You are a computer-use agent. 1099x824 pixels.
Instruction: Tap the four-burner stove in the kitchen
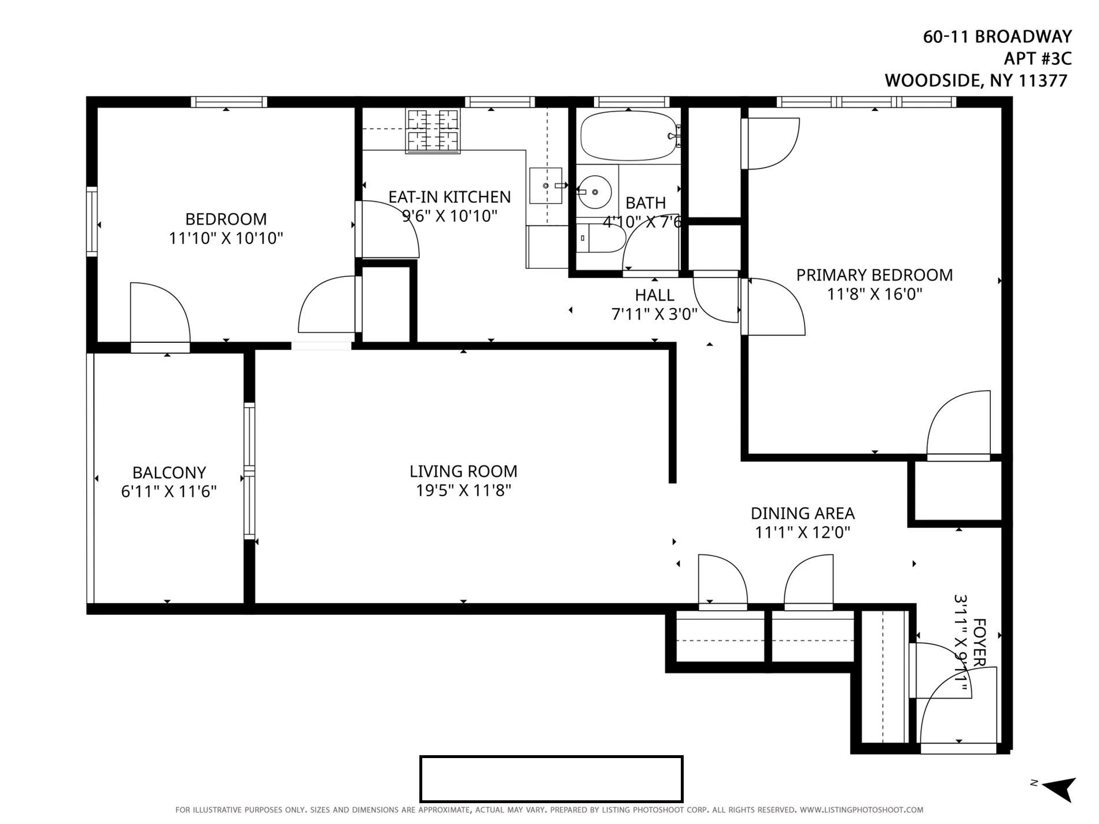(x=433, y=131)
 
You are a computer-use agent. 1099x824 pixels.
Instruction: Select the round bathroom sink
(x=595, y=191)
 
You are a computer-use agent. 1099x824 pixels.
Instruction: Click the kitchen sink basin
(x=545, y=186)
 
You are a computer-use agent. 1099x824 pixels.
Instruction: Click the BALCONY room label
(x=169, y=472)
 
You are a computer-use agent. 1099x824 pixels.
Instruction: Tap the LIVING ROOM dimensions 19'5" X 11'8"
(x=463, y=490)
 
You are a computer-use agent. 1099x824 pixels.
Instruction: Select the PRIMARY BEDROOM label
(x=874, y=275)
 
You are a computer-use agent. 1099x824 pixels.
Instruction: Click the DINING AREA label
(x=802, y=513)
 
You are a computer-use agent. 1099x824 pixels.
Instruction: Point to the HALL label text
(x=654, y=295)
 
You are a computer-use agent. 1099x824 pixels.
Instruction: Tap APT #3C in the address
(x=1038, y=58)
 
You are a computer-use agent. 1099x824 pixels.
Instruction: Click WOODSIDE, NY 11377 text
(x=976, y=80)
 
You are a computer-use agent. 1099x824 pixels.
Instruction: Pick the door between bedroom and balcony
(x=160, y=315)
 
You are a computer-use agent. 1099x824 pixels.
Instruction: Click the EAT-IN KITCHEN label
(x=449, y=197)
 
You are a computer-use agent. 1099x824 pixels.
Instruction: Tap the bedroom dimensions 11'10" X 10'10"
(x=226, y=238)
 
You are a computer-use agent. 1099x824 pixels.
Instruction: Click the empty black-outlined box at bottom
(x=551, y=778)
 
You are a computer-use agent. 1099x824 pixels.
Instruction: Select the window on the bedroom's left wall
(x=91, y=221)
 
